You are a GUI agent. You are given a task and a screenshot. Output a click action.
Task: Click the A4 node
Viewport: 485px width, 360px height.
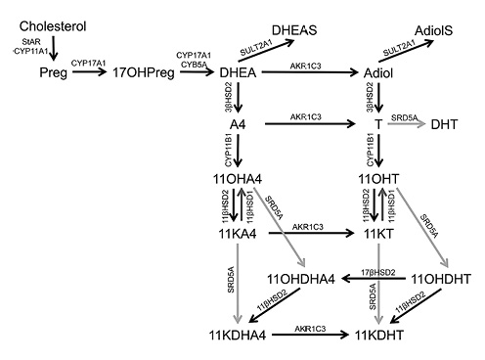click(x=238, y=125)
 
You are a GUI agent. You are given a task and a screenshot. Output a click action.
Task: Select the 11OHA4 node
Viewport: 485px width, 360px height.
click(x=237, y=178)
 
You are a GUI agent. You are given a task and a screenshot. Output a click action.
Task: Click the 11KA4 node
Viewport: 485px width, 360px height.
click(x=237, y=235)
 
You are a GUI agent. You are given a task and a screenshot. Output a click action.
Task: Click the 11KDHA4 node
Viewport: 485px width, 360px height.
click(x=239, y=336)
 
